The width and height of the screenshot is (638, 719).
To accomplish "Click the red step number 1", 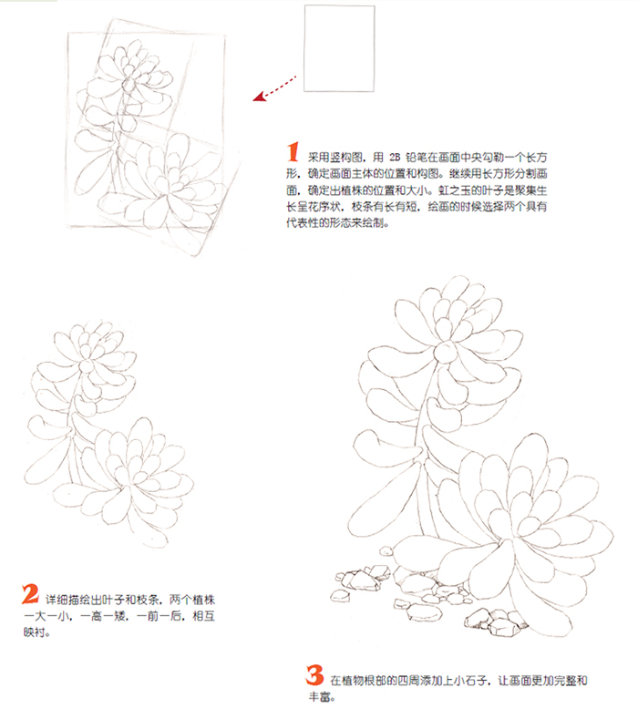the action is tap(293, 152).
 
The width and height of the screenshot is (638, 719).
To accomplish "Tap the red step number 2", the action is tap(30, 594).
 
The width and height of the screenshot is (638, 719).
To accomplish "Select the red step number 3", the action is tap(314, 675).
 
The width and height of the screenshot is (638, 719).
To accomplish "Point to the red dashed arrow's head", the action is tap(260, 97).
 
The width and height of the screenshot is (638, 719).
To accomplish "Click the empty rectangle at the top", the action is tap(339, 48).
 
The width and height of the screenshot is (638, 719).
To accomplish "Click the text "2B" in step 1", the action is tap(395, 158).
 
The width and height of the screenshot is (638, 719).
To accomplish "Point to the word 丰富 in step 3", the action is tap(320, 697).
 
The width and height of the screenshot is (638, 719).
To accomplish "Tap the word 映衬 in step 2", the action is tap(35, 632).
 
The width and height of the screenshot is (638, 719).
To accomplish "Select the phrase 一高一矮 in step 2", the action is tap(103, 616).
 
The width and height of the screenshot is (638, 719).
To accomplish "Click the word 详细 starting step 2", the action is tap(57, 600).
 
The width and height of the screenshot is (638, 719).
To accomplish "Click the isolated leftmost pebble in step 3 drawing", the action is tap(340, 596).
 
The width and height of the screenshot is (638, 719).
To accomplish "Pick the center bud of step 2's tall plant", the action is tap(87, 365).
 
